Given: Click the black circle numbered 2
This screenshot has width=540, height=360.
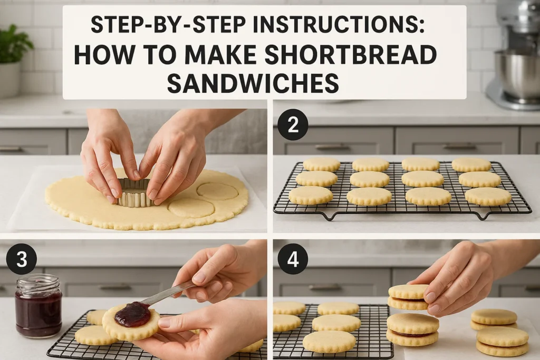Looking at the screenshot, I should click(x=293, y=124).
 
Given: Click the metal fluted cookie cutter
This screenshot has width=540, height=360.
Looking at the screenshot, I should click(x=134, y=192).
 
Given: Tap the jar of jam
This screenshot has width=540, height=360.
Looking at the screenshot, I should click(x=38, y=306).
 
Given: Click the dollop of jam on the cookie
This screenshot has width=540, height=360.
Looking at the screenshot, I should click(x=132, y=314).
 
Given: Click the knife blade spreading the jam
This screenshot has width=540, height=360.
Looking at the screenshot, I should click(x=166, y=294).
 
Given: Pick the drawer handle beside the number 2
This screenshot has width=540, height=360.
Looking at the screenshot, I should click(x=332, y=147).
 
